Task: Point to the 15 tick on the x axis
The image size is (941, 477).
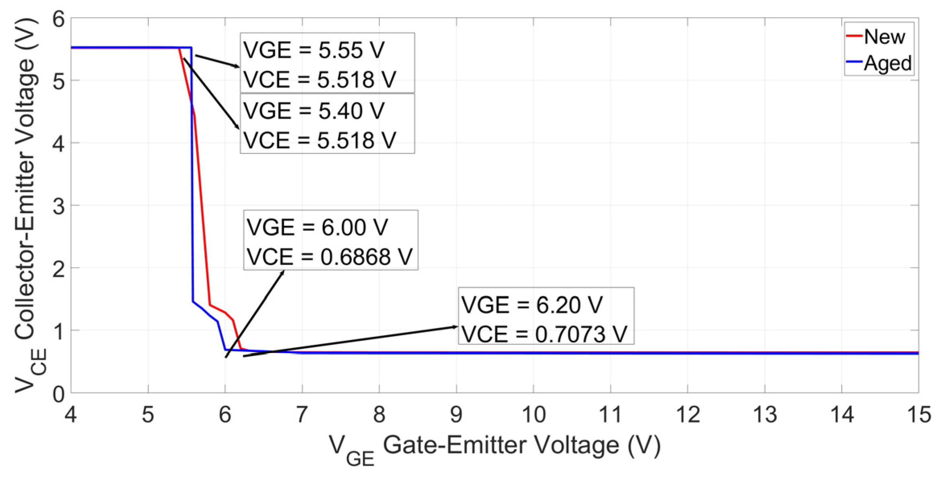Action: (919, 414)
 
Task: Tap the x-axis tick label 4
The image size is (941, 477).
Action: (71, 414)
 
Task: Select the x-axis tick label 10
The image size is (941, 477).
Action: (533, 414)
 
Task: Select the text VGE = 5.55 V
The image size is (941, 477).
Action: (314, 50)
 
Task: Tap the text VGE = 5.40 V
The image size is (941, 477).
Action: (314, 111)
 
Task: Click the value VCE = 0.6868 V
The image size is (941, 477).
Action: (329, 257)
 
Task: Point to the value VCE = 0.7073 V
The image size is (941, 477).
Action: (544, 334)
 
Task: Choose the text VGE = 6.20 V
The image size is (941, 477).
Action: (532, 305)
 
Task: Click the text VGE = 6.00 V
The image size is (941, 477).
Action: (317, 227)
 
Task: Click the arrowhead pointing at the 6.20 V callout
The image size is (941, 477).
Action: (455, 327)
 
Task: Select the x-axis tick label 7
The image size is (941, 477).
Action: (302, 414)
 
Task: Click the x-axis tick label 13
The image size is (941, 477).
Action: (764, 414)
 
